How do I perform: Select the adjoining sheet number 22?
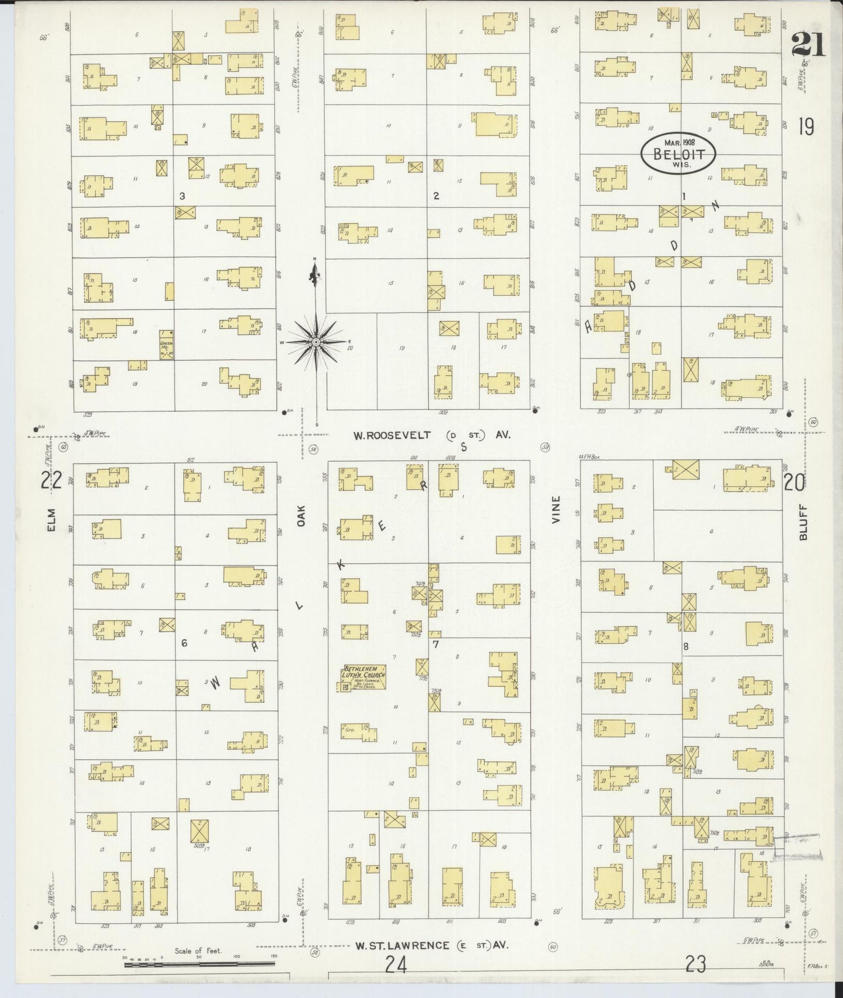[51, 480]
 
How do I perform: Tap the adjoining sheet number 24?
[395, 965]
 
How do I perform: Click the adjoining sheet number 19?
[806, 127]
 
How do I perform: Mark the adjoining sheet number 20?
[794, 481]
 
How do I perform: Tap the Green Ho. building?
[167, 345]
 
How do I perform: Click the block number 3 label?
[182, 197]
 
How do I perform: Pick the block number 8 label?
[686, 646]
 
